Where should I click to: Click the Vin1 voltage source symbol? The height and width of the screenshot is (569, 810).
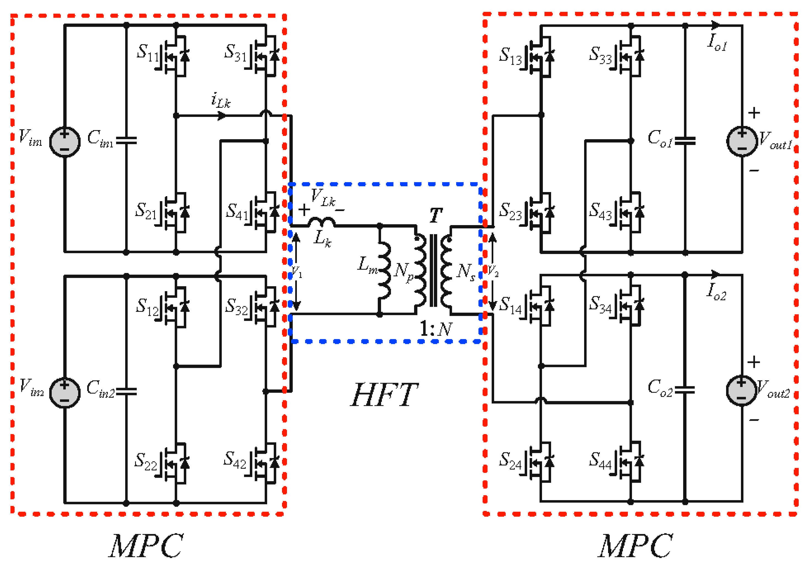[x=65, y=141]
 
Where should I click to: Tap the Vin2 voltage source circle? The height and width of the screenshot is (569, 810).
[x=65, y=392]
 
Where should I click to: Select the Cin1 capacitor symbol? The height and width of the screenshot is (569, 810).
[x=126, y=141]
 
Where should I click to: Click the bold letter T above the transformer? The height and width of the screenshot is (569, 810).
[x=436, y=215]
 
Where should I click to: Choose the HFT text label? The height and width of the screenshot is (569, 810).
[x=385, y=395]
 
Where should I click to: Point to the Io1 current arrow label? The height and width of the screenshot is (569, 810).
[x=717, y=42]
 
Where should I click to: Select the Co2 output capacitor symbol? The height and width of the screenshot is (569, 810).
[x=685, y=389]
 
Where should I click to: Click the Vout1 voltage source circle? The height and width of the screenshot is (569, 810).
[x=742, y=141]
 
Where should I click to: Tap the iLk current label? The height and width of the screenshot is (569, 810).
[x=220, y=100]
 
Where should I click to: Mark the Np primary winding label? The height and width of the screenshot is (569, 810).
[x=404, y=272]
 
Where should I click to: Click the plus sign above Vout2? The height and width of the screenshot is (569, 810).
[x=754, y=362]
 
